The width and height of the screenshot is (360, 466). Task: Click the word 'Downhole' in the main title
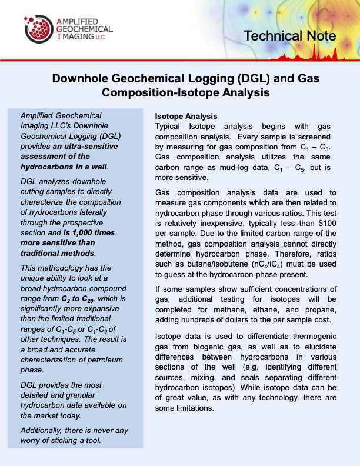click(x=82, y=79)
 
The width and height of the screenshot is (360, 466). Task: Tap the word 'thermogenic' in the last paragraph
click(x=309, y=335)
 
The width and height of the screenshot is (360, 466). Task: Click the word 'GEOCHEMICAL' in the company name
click(x=86, y=28)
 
